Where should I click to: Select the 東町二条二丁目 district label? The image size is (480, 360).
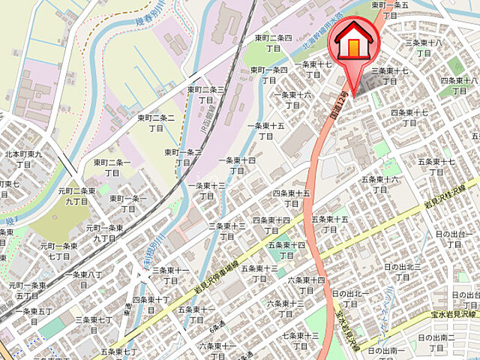tap(156, 123)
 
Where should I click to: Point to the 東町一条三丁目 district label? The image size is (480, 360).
tap(183, 157)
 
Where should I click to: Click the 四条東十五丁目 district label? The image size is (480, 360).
tap(292, 198)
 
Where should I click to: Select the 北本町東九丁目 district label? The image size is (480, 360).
tap(23, 159)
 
